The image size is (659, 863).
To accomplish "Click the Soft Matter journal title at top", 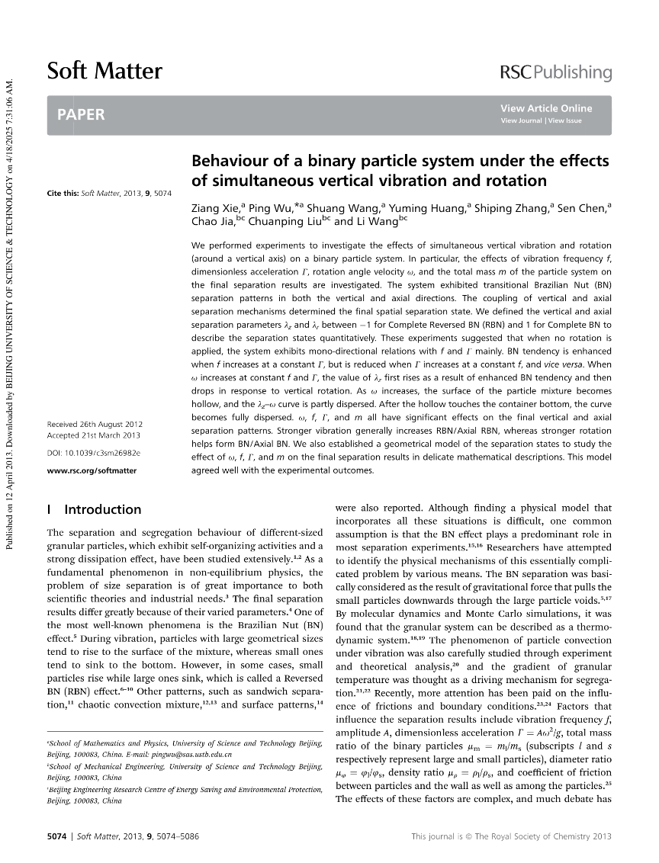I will click(x=104, y=72).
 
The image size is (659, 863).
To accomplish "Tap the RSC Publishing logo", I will click(x=555, y=72).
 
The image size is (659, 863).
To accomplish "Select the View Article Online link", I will click(x=546, y=108).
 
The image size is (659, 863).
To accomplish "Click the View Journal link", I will click(x=522, y=120).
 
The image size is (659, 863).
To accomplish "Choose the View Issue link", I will click(x=564, y=120).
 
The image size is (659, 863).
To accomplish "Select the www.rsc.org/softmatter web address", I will click(x=92, y=470).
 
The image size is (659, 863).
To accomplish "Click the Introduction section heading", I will click(x=103, y=509).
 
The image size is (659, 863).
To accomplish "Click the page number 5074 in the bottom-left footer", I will click(x=57, y=836).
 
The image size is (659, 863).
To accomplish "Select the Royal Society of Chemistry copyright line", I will click(x=511, y=836).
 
